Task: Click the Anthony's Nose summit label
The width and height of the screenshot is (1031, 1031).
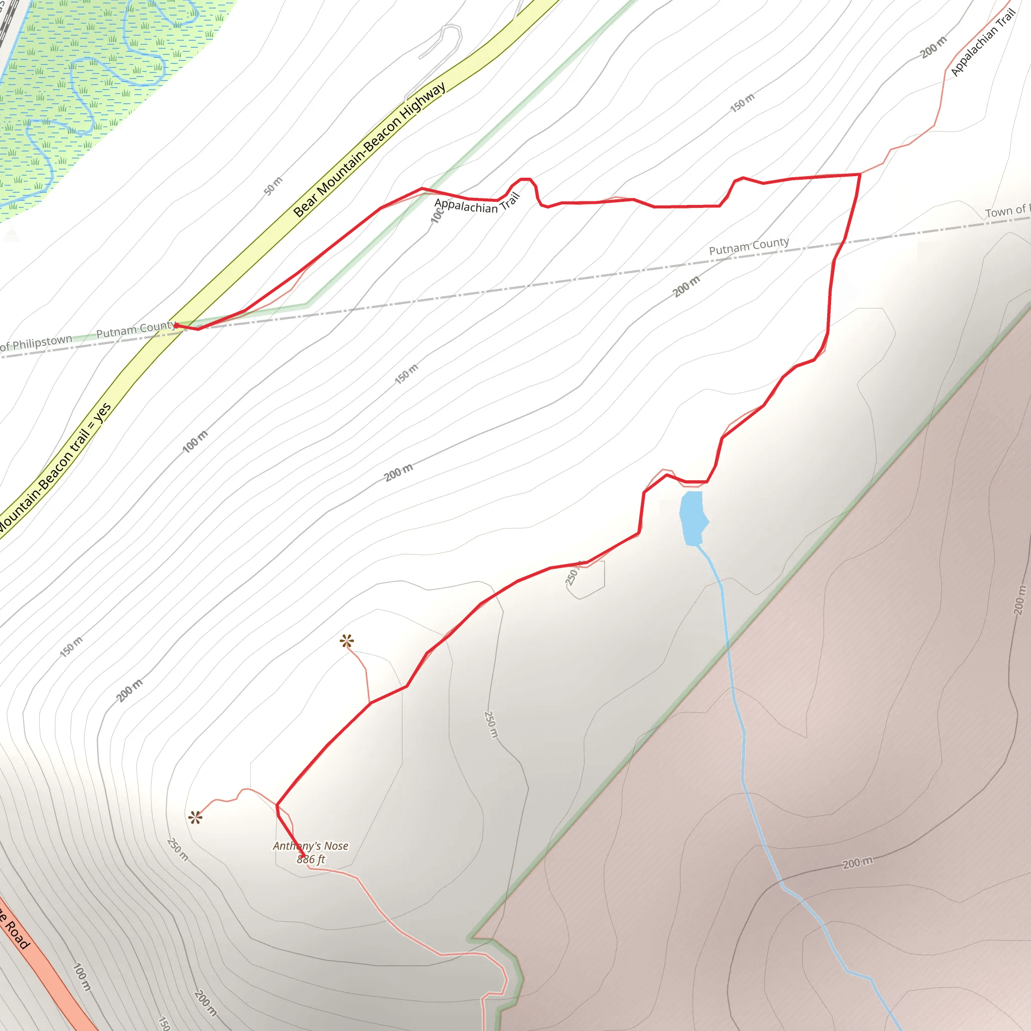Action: click(x=311, y=846)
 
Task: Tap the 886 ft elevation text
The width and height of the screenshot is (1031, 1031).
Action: click(x=311, y=859)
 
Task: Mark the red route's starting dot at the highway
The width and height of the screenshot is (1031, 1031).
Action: click(x=176, y=326)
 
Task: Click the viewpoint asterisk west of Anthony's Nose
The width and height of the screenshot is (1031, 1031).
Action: click(x=195, y=818)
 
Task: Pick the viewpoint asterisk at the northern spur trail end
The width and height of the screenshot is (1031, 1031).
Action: click(x=347, y=641)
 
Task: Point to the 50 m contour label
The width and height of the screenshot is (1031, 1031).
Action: click(x=273, y=186)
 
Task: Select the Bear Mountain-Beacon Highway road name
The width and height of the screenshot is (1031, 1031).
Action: click(x=370, y=150)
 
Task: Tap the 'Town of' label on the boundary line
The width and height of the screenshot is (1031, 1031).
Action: click(x=1006, y=211)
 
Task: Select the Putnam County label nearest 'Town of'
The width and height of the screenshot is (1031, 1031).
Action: click(x=749, y=246)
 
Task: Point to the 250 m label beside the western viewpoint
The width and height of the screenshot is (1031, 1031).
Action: click(x=178, y=850)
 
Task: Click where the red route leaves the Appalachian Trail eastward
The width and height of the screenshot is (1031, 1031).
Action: click(x=860, y=174)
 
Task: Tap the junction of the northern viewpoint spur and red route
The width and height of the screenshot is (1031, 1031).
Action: click(x=370, y=703)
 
